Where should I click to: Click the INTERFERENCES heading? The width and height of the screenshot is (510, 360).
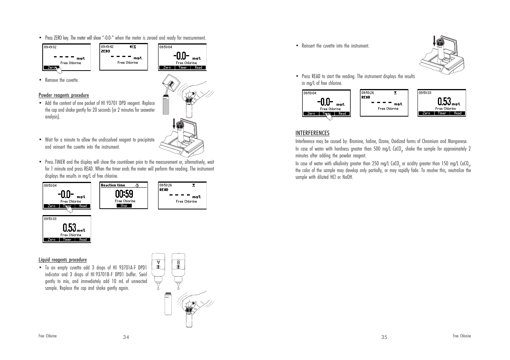312,133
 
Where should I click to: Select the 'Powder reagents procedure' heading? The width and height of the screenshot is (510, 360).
63,95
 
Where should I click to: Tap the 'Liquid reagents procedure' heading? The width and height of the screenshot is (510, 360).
62,260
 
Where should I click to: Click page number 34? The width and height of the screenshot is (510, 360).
126,337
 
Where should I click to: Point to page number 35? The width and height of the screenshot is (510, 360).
384,337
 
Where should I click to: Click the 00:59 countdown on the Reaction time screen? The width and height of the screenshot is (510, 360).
124,194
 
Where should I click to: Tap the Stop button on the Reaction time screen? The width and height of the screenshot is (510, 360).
124,206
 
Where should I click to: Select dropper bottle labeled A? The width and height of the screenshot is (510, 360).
159,268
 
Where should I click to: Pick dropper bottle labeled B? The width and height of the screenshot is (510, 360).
178,268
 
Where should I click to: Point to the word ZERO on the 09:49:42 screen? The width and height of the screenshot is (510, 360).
105,51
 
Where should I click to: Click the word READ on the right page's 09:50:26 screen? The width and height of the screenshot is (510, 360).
366,97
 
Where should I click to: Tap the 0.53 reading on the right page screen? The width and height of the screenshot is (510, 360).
444,102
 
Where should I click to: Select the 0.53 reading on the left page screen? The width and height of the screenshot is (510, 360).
69,228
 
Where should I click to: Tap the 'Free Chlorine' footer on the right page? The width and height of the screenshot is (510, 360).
462,336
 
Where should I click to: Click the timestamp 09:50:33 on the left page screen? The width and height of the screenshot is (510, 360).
50,218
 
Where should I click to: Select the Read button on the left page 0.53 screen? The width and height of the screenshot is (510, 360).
83,240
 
